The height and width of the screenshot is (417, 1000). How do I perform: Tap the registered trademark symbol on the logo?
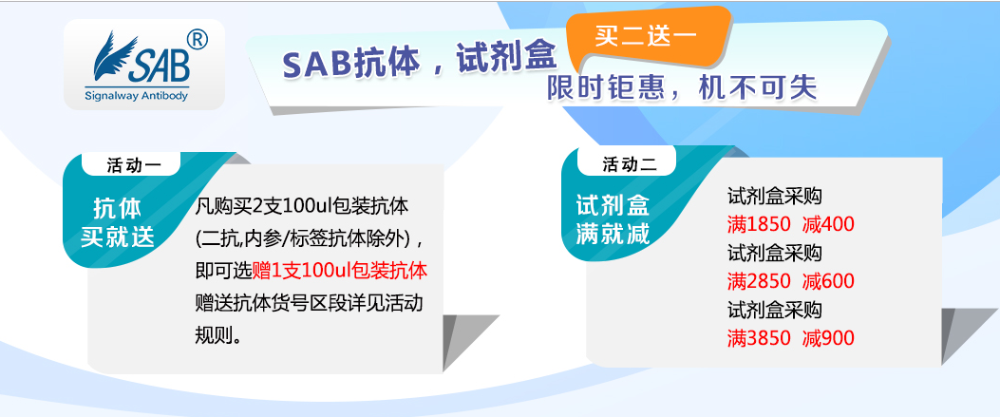[196, 41]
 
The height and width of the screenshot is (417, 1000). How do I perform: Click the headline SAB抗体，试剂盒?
[419, 62]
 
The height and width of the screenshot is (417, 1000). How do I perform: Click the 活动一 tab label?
[133, 165]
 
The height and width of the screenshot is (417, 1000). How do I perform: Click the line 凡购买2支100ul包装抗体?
[301, 205]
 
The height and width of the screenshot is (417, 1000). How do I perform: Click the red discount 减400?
[828, 225]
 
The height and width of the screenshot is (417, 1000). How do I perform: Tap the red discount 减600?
[828, 281]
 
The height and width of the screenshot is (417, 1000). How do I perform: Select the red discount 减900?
[828, 338]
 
